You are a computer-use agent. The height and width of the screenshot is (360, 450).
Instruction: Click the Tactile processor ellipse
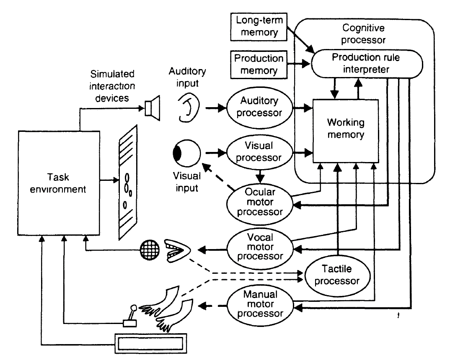coord(338,275)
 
